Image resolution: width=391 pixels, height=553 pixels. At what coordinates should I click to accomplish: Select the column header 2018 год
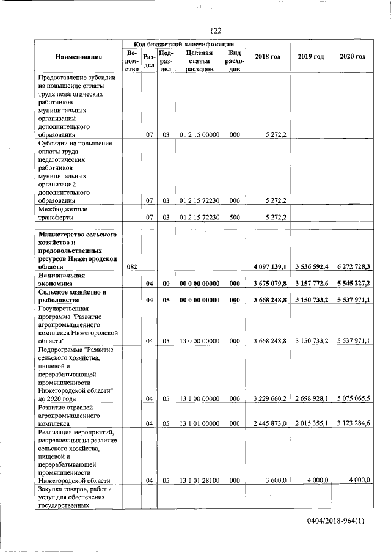tap(268, 57)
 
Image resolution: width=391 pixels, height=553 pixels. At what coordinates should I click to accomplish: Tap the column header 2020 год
tap(353, 57)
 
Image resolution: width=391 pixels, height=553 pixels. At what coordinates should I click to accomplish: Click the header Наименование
tap(78, 57)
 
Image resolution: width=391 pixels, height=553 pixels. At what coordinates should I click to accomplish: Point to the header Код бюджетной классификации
tap(184, 44)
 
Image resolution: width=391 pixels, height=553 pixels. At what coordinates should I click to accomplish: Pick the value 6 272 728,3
tap(353, 267)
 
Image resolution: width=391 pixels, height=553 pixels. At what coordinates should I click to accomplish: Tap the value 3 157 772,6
tap(311, 284)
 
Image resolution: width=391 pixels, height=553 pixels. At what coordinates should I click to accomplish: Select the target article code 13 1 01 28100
tap(199, 480)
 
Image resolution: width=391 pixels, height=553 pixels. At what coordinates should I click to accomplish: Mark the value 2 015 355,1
tap(311, 423)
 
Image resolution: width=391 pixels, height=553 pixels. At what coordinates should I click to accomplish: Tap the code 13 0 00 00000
tap(199, 340)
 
